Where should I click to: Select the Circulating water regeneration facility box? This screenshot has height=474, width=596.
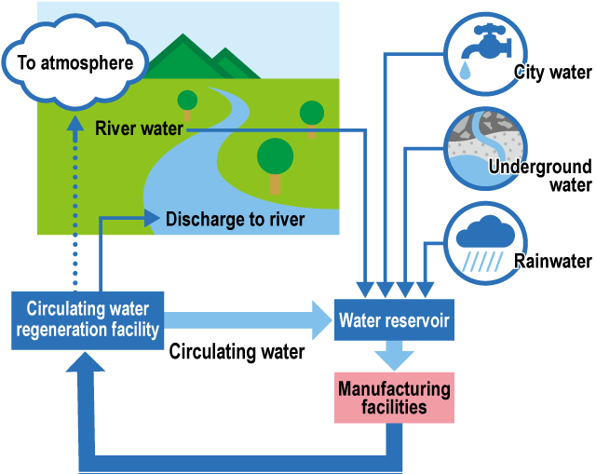(x=88, y=319)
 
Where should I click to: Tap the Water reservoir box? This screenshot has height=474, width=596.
(x=394, y=321)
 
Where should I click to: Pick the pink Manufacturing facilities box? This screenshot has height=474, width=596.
(x=394, y=398)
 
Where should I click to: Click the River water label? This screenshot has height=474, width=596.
(x=140, y=129)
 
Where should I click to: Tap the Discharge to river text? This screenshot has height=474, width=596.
(x=235, y=220)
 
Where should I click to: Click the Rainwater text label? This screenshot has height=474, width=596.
(x=553, y=262)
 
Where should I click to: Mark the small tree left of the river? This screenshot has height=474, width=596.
(x=187, y=102)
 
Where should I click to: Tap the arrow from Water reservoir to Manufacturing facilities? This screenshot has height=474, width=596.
(x=394, y=357)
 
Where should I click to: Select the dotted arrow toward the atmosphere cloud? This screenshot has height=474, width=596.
(x=74, y=205)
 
